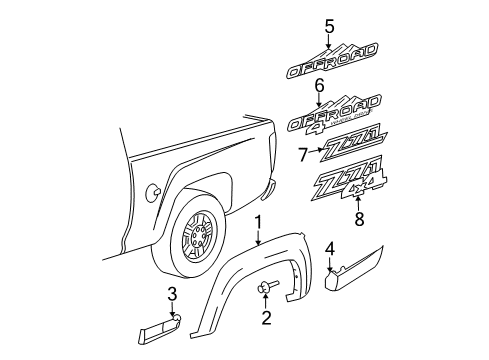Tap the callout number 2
click(265, 319)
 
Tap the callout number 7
click(304, 154)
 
